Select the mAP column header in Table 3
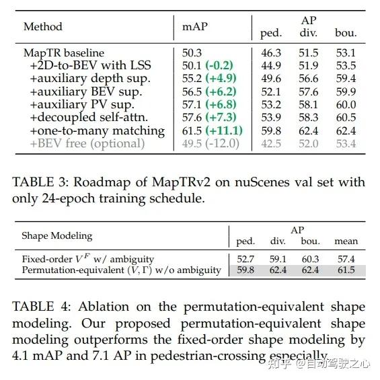[x=195, y=27]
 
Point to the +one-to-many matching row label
[x=98, y=130]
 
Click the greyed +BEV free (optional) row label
[x=87, y=143]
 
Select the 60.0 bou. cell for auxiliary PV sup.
[x=346, y=104]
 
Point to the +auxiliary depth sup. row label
[x=89, y=79]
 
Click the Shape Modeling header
[x=57, y=236]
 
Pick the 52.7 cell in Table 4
[x=245, y=258]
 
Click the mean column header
[x=346, y=241]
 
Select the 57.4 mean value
[x=346, y=258]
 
